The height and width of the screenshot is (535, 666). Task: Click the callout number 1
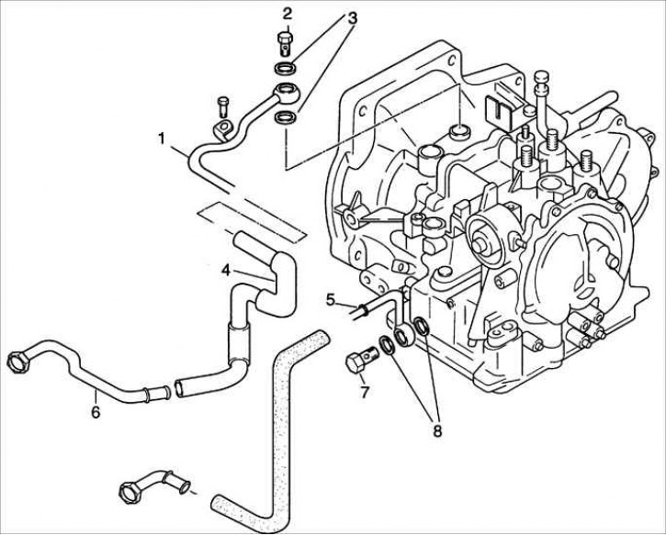[162, 139]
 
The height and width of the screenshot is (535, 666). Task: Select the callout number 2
[288, 14]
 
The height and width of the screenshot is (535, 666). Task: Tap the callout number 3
[352, 18]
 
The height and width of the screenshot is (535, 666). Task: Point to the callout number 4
[226, 270]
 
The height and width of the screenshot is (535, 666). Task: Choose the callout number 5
[331, 299]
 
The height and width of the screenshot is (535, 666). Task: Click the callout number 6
[96, 411]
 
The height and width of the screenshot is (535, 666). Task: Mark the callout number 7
[364, 392]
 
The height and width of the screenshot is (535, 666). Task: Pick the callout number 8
[436, 430]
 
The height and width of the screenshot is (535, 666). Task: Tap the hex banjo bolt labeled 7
[362, 359]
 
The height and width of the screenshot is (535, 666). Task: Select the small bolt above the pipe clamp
[223, 106]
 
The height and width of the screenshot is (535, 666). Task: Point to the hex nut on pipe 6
[17, 362]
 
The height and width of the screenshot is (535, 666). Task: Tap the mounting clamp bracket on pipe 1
[223, 129]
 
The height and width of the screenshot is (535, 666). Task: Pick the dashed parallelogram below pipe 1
[253, 221]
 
